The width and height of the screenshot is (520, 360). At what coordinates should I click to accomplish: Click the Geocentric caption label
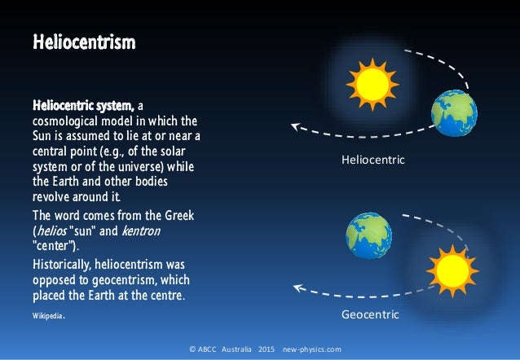[x=370, y=314]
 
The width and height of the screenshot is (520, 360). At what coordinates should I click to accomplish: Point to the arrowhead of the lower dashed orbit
[x=298, y=287]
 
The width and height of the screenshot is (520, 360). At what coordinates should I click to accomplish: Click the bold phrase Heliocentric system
[x=83, y=106]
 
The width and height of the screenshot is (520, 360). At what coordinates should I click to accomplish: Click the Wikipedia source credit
[x=47, y=314]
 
